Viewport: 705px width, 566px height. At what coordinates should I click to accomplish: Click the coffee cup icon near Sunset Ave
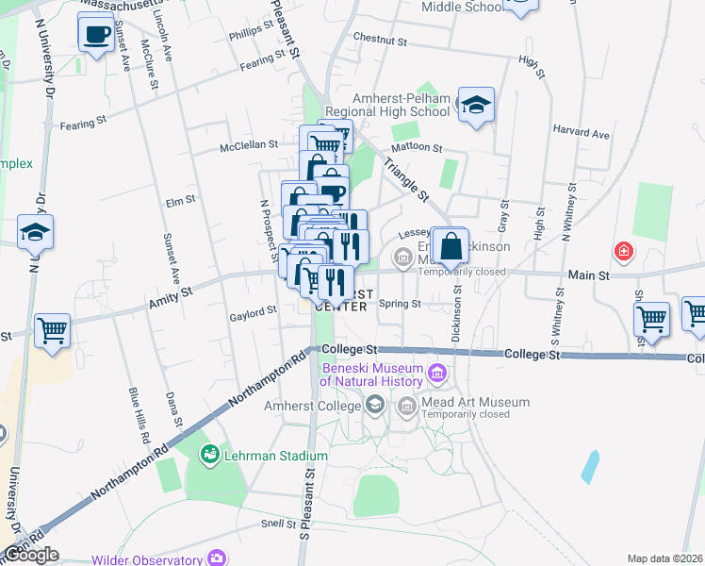[96, 35]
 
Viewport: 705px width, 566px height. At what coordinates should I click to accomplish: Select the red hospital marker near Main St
[623, 251]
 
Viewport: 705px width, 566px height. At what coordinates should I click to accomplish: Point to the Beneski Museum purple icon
[436, 375]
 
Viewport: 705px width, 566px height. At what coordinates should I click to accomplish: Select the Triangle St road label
[412, 180]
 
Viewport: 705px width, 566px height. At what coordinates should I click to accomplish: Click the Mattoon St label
[417, 148]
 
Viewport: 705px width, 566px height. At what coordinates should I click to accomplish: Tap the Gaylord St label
[253, 309]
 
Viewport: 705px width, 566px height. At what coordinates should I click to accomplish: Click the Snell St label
[280, 524]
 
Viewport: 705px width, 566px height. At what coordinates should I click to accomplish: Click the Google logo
[31, 555]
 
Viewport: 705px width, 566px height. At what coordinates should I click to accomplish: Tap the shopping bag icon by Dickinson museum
[451, 247]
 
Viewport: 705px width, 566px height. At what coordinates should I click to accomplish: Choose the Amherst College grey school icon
[375, 406]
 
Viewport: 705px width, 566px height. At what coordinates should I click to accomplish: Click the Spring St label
[400, 304]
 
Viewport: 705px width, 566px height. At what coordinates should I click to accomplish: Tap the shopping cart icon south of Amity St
[53, 330]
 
